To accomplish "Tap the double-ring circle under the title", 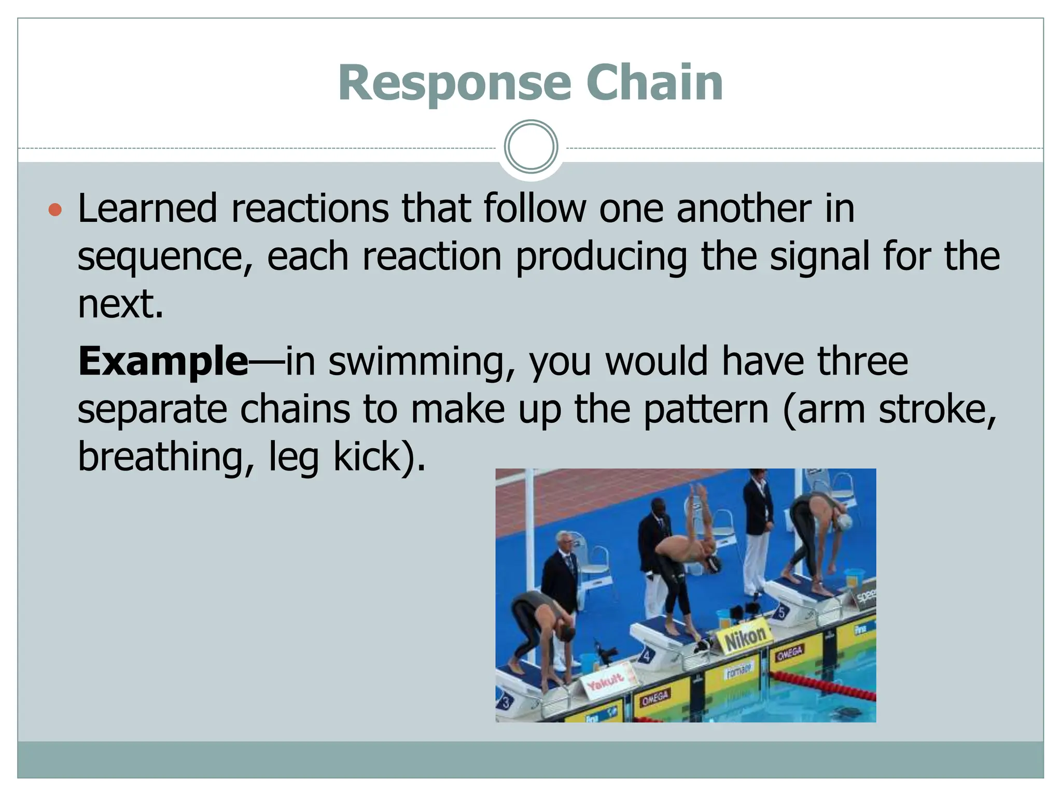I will (530, 147).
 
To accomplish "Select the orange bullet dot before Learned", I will (55, 210).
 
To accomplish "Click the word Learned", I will (147, 208).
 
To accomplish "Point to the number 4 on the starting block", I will (646, 657).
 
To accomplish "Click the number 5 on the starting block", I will (781, 613).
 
